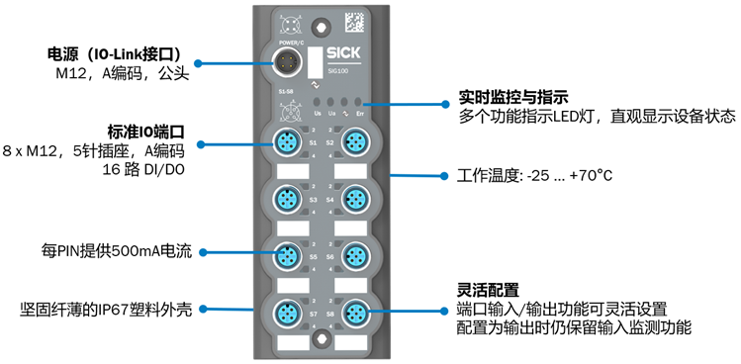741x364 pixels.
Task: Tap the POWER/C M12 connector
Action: (x=288, y=62)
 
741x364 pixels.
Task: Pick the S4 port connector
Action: (x=353, y=199)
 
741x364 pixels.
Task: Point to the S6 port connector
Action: (x=353, y=256)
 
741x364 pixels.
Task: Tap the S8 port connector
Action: (x=353, y=315)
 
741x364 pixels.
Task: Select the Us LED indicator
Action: (x=317, y=102)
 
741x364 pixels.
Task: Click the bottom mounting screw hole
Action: (x=319, y=343)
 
